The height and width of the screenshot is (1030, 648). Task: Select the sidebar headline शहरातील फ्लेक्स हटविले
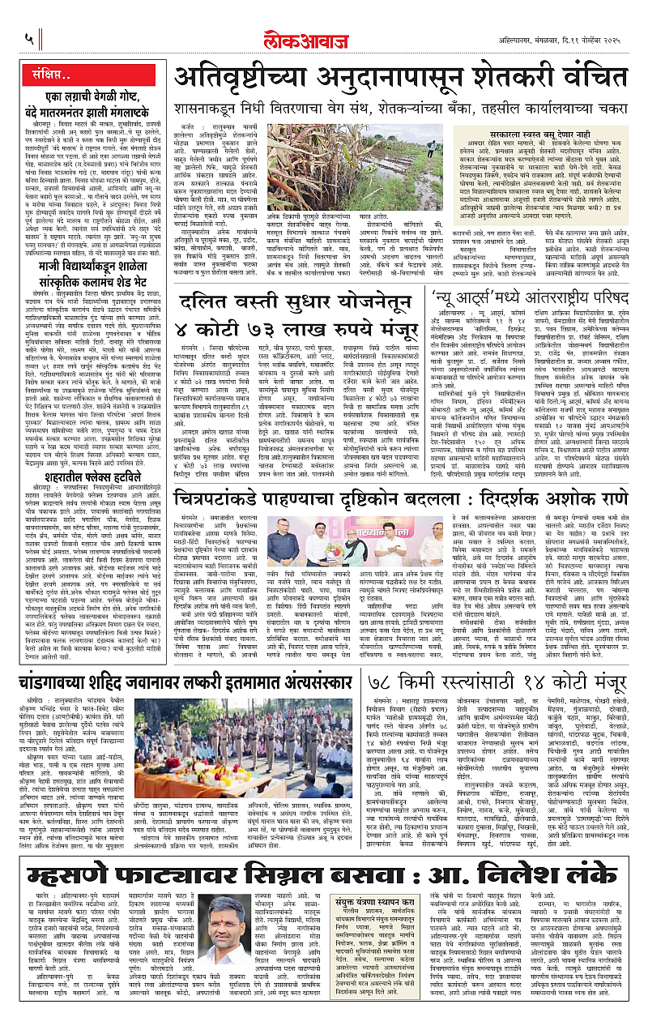(81, 474)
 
